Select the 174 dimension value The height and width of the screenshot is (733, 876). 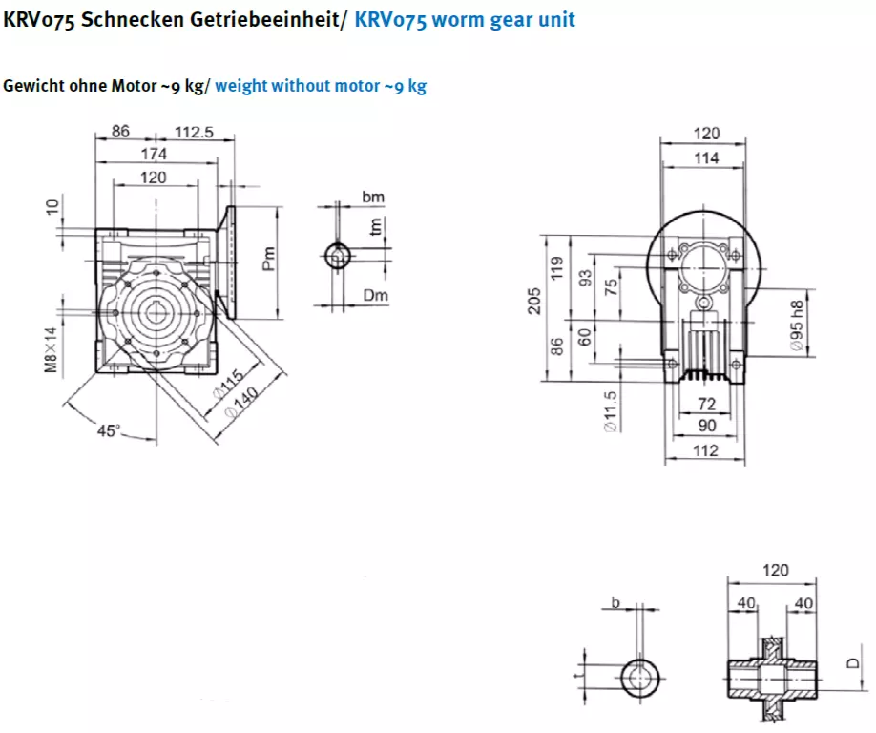pyautogui.click(x=154, y=153)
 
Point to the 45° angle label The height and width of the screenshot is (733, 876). pyautogui.click(x=109, y=430)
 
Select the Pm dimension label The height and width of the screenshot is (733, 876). pyautogui.click(x=268, y=261)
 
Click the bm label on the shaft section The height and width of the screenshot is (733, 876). pyautogui.click(x=373, y=196)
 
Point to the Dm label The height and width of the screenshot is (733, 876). pyautogui.click(x=376, y=297)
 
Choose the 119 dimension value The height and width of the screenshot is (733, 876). pyautogui.click(x=561, y=269)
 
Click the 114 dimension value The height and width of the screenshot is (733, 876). pyautogui.click(x=706, y=159)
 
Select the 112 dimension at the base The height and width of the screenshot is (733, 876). pyautogui.click(x=704, y=451)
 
